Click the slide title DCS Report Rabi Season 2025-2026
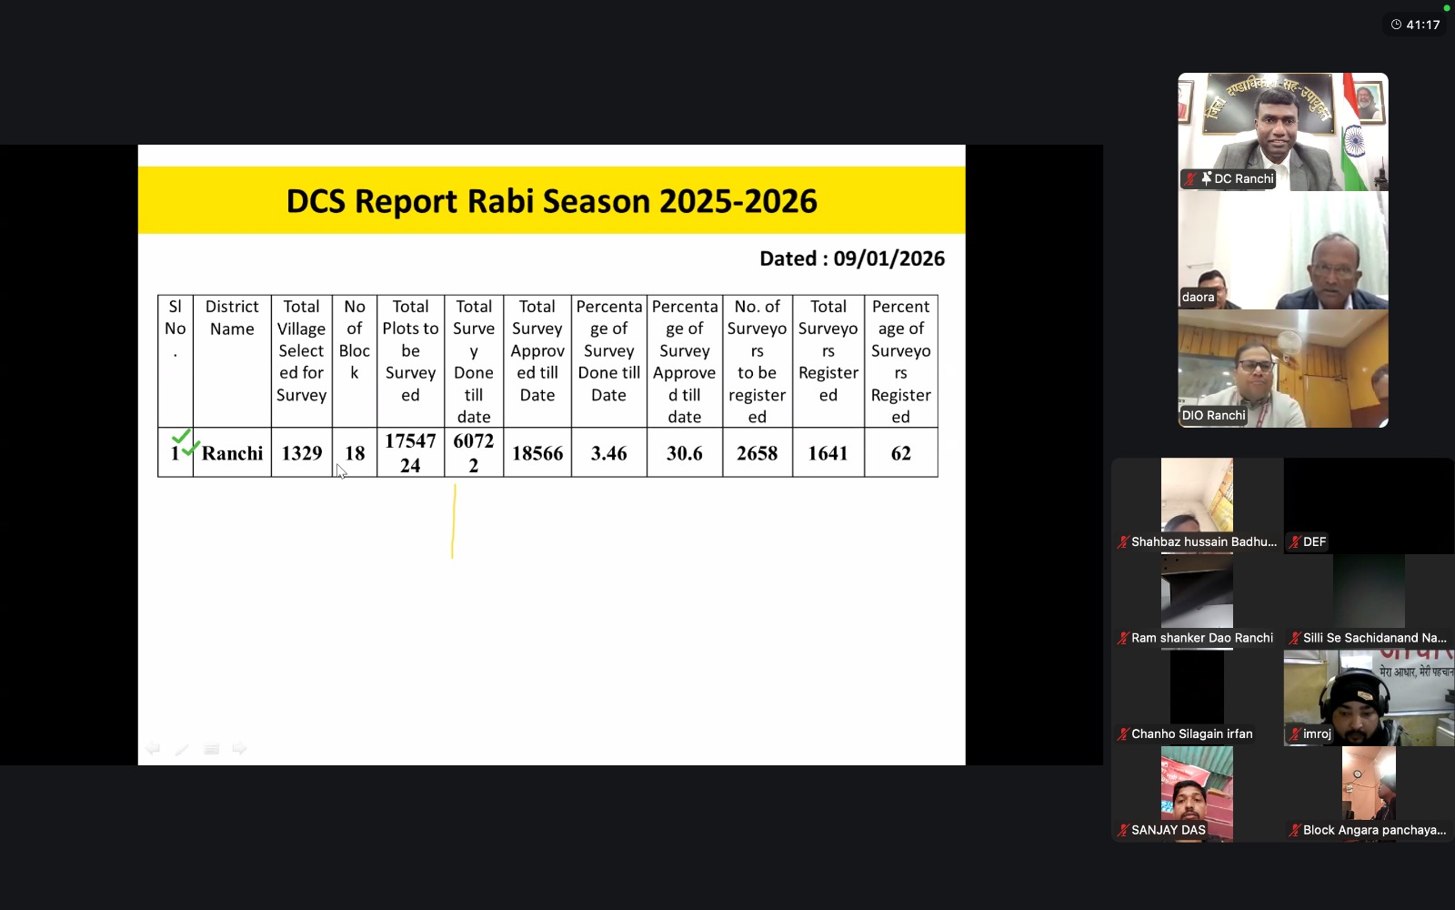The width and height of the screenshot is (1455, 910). coord(551,201)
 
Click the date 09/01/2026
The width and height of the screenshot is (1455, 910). coord(888,258)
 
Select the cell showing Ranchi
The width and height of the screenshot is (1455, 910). coord(232,453)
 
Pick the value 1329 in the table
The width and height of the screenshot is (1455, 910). coord(301,453)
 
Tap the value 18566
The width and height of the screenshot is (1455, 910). coord(537,453)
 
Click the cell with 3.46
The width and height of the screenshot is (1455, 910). coord(608,453)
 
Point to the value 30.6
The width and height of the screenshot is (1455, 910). coord(685,453)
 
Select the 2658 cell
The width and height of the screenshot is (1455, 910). coord(757,453)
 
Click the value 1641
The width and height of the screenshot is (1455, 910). coord(828,453)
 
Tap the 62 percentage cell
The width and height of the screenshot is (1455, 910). coord(901,453)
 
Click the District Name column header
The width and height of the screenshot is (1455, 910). coord(232,318)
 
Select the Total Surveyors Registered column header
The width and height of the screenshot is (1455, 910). coord(828,350)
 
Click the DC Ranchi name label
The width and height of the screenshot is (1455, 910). coord(1243,178)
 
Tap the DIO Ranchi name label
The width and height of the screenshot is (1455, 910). coord(1213,415)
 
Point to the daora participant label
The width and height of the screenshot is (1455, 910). coord(1198,297)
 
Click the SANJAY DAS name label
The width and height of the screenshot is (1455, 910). coord(1168,830)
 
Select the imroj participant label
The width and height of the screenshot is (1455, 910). coord(1317,733)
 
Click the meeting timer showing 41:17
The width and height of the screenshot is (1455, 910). coord(1422,25)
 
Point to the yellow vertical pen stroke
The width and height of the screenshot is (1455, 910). coord(454,521)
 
